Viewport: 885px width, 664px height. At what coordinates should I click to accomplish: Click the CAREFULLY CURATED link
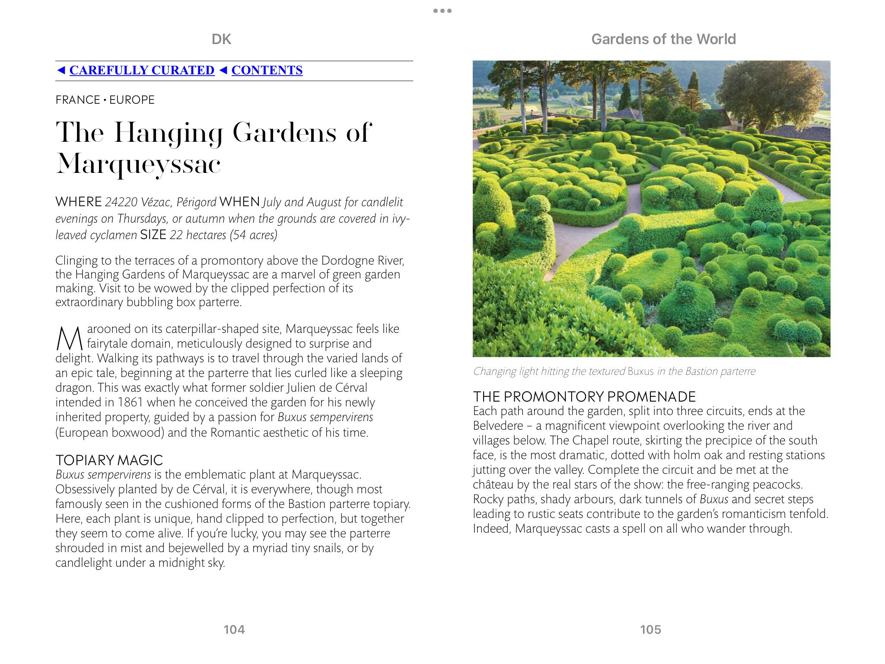pyautogui.click(x=142, y=70)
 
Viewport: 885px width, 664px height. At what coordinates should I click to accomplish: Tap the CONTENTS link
pyautogui.click(x=267, y=70)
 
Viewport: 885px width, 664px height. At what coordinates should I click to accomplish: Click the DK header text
pyautogui.click(x=221, y=39)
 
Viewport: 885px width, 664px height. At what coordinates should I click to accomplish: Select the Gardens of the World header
pyautogui.click(x=663, y=39)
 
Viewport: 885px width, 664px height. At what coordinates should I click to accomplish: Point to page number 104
pyautogui.click(x=234, y=629)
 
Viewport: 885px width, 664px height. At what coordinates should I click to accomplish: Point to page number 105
pyautogui.click(x=650, y=629)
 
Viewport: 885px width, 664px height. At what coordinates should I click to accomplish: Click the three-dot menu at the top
pyautogui.click(x=442, y=11)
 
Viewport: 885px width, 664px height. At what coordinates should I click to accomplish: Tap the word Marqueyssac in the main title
pyautogui.click(x=138, y=164)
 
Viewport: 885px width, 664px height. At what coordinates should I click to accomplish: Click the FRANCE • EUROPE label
pyautogui.click(x=105, y=100)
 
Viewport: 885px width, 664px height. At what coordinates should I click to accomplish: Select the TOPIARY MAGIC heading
pyautogui.click(x=109, y=460)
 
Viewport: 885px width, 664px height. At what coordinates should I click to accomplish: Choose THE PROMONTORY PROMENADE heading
pyautogui.click(x=584, y=396)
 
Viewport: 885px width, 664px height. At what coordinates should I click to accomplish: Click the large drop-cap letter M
pyautogui.click(x=69, y=338)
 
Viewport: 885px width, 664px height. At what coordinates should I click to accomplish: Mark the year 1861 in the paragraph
pyautogui.click(x=131, y=402)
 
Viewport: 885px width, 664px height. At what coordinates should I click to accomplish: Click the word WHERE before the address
pyautogui.click(x=79, y=202)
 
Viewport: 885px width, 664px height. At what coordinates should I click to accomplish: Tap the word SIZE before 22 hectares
pyautogui.click(x=153, y=235)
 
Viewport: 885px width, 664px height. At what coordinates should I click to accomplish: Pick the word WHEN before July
pyautogui.click(x=239, y=202)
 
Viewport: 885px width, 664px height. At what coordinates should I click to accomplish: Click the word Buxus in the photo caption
pyautogui.click(x=640, y=371)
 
